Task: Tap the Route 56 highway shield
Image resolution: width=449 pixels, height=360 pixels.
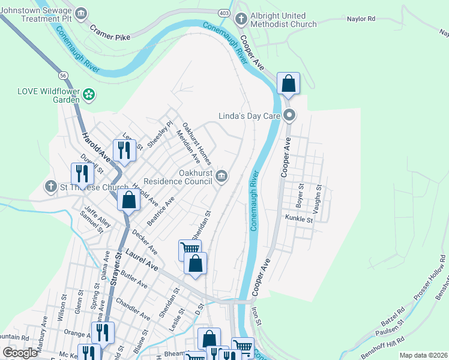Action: point(63,76)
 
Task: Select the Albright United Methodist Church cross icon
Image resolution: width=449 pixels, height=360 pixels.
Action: point(241,19)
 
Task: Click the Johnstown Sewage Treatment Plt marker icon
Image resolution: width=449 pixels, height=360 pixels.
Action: point(82,13)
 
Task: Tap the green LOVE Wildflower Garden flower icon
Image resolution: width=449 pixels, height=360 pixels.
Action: point(89,94)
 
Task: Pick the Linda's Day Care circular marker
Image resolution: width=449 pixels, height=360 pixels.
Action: point(289,115)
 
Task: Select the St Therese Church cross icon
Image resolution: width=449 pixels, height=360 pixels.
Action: point(50,187)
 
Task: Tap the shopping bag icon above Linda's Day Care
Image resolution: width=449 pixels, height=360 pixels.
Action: point(288,84)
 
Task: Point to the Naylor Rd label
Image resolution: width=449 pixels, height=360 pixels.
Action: point(361,19)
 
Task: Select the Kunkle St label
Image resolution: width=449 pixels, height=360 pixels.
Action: point(300,220)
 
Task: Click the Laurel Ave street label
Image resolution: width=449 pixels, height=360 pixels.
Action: point(141,262)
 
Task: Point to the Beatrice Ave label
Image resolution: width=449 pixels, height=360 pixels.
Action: point(160,211)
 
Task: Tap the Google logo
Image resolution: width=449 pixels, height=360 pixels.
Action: point(20,353)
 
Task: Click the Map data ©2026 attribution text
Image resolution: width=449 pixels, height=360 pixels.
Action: point(423,355)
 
